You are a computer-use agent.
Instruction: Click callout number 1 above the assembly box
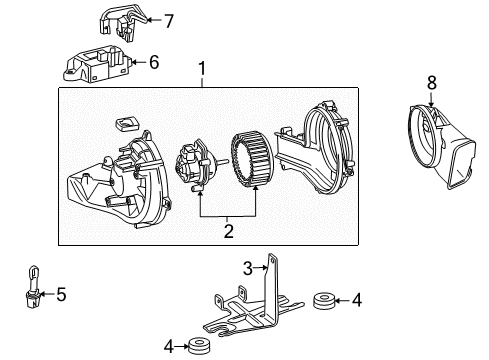tap(203, 69)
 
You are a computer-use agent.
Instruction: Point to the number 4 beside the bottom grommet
tap(169, 346)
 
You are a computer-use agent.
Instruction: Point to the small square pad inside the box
tap(127, 123)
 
